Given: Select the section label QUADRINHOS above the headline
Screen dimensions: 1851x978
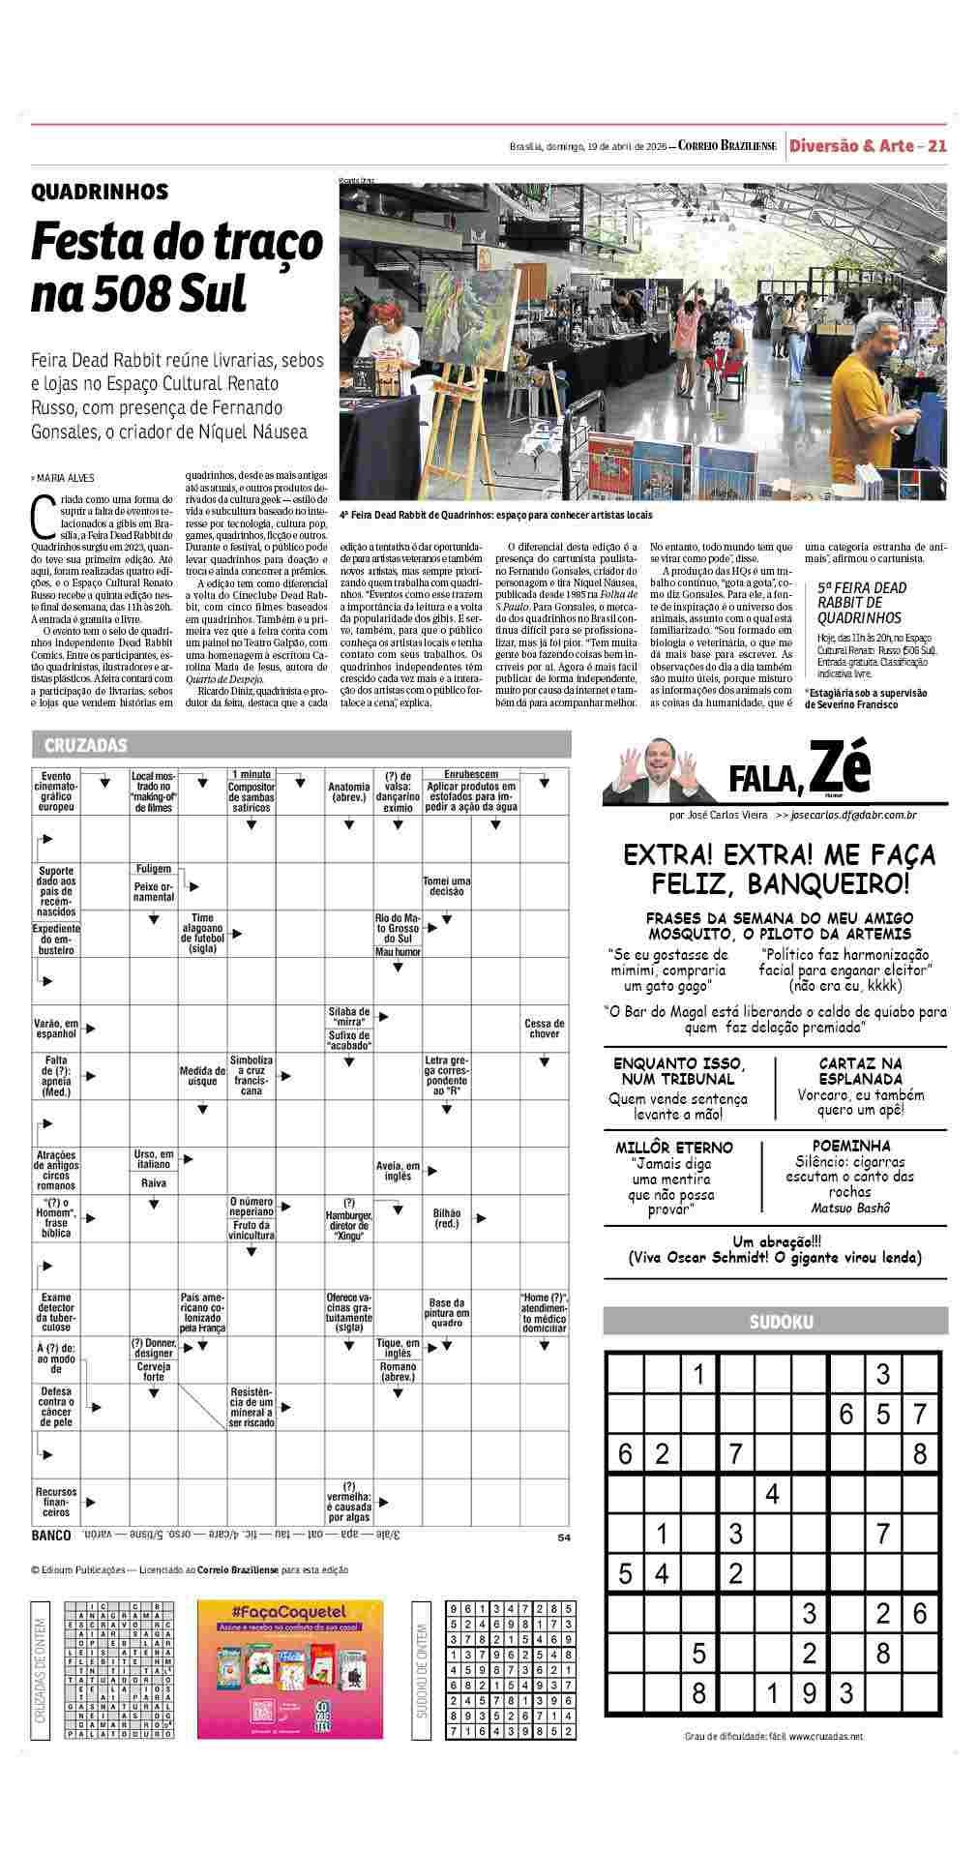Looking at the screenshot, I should point(100,192).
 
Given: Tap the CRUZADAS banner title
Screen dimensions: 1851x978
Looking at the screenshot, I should point(86,745).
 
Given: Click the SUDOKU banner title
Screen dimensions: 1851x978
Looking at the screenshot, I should point(781,1322).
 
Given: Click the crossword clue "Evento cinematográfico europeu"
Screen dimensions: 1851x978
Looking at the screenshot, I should point(56,791).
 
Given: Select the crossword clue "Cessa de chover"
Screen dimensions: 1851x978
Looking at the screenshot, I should point(544,1029).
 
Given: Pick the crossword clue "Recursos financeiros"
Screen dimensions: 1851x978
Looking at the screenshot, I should point(56,1502).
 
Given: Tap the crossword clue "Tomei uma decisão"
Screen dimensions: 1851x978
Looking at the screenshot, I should point(446,885).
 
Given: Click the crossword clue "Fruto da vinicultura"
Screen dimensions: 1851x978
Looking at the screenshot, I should point(252,1230).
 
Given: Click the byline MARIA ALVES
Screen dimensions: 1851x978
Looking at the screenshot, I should point(66,478).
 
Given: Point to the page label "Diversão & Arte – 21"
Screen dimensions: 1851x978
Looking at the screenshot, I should point(867,146).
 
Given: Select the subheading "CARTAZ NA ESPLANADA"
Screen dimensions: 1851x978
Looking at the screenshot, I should point(860,1070).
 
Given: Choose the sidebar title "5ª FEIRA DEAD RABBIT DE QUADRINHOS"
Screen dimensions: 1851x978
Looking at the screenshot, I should point(860,602).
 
